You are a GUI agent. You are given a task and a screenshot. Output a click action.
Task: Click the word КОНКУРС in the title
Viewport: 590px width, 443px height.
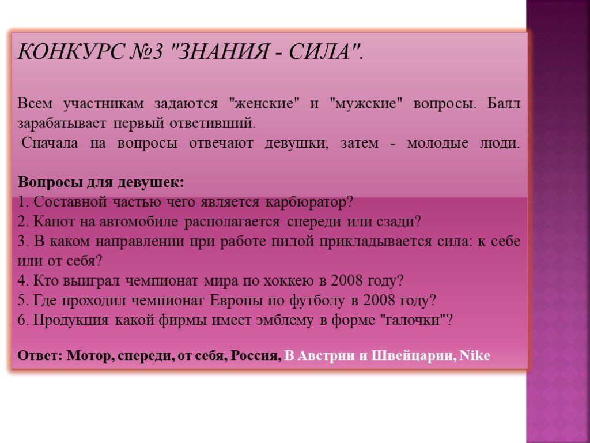tap(71, 51)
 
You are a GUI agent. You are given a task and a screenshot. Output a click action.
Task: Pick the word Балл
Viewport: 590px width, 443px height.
tap(504, 103)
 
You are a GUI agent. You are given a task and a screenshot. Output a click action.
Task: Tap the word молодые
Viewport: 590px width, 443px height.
tap(438, 143)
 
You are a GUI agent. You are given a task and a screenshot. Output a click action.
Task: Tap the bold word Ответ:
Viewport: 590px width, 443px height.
tap(40, 355)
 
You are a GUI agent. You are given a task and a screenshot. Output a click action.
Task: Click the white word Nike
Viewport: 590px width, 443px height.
tap(475, 355)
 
